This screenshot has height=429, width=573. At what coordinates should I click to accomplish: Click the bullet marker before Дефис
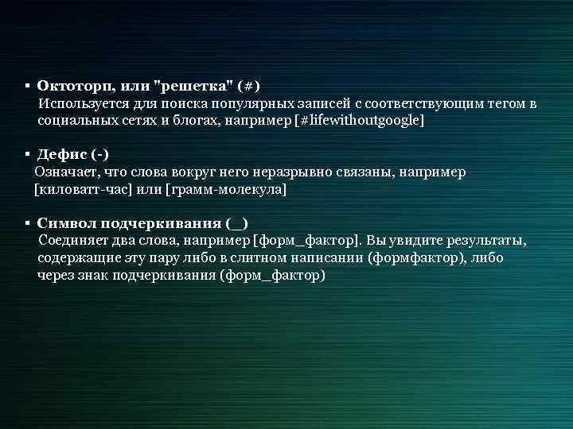point(27,154)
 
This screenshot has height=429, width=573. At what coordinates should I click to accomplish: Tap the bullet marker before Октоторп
point(27,86)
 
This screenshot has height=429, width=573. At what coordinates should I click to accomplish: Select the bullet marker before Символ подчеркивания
point(27,224)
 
